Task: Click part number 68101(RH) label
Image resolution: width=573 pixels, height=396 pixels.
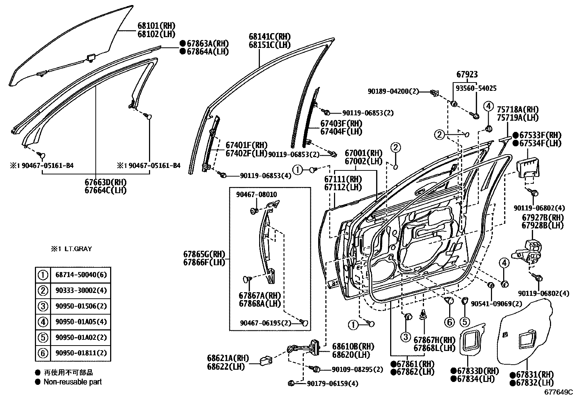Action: pyautogui.click(x=156, y=26)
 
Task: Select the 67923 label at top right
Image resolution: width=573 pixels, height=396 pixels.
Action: pyautogui.click(x=467, y=75)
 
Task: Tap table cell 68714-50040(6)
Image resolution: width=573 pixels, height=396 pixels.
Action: pyautogui.click(x=81, y=275)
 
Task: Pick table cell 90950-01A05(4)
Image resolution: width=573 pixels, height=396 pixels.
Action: pyautogui.click(x=81, y=322)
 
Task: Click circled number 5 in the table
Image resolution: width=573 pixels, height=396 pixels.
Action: pyautogui.click(x=43, y=338)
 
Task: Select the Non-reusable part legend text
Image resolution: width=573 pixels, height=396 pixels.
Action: pyautogui.click(x=72, y=382)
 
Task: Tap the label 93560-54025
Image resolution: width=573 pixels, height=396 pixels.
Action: pyautogui.click(x=476, y=88)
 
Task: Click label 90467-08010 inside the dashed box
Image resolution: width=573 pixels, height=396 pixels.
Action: pyautogui.click(x=256, y=195)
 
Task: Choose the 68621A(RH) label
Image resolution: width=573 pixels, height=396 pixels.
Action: pyautogui.click(x=228, y=359)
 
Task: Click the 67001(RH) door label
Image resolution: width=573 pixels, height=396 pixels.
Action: pyautogui.click(x=364, y=153)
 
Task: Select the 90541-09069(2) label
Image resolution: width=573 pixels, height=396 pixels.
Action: pyautogui.click(x=496, y=304)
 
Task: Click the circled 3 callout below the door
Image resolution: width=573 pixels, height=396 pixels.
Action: pyautogui.click(x=405, y=337)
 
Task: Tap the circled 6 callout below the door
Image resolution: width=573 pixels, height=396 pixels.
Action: pyautogui.click(x=449, y=322)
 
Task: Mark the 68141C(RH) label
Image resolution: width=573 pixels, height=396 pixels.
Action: pyautogui.click(x=270, y=37)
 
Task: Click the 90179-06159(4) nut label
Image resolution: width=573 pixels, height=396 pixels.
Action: pyautogui.click(x=333, y=384)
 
